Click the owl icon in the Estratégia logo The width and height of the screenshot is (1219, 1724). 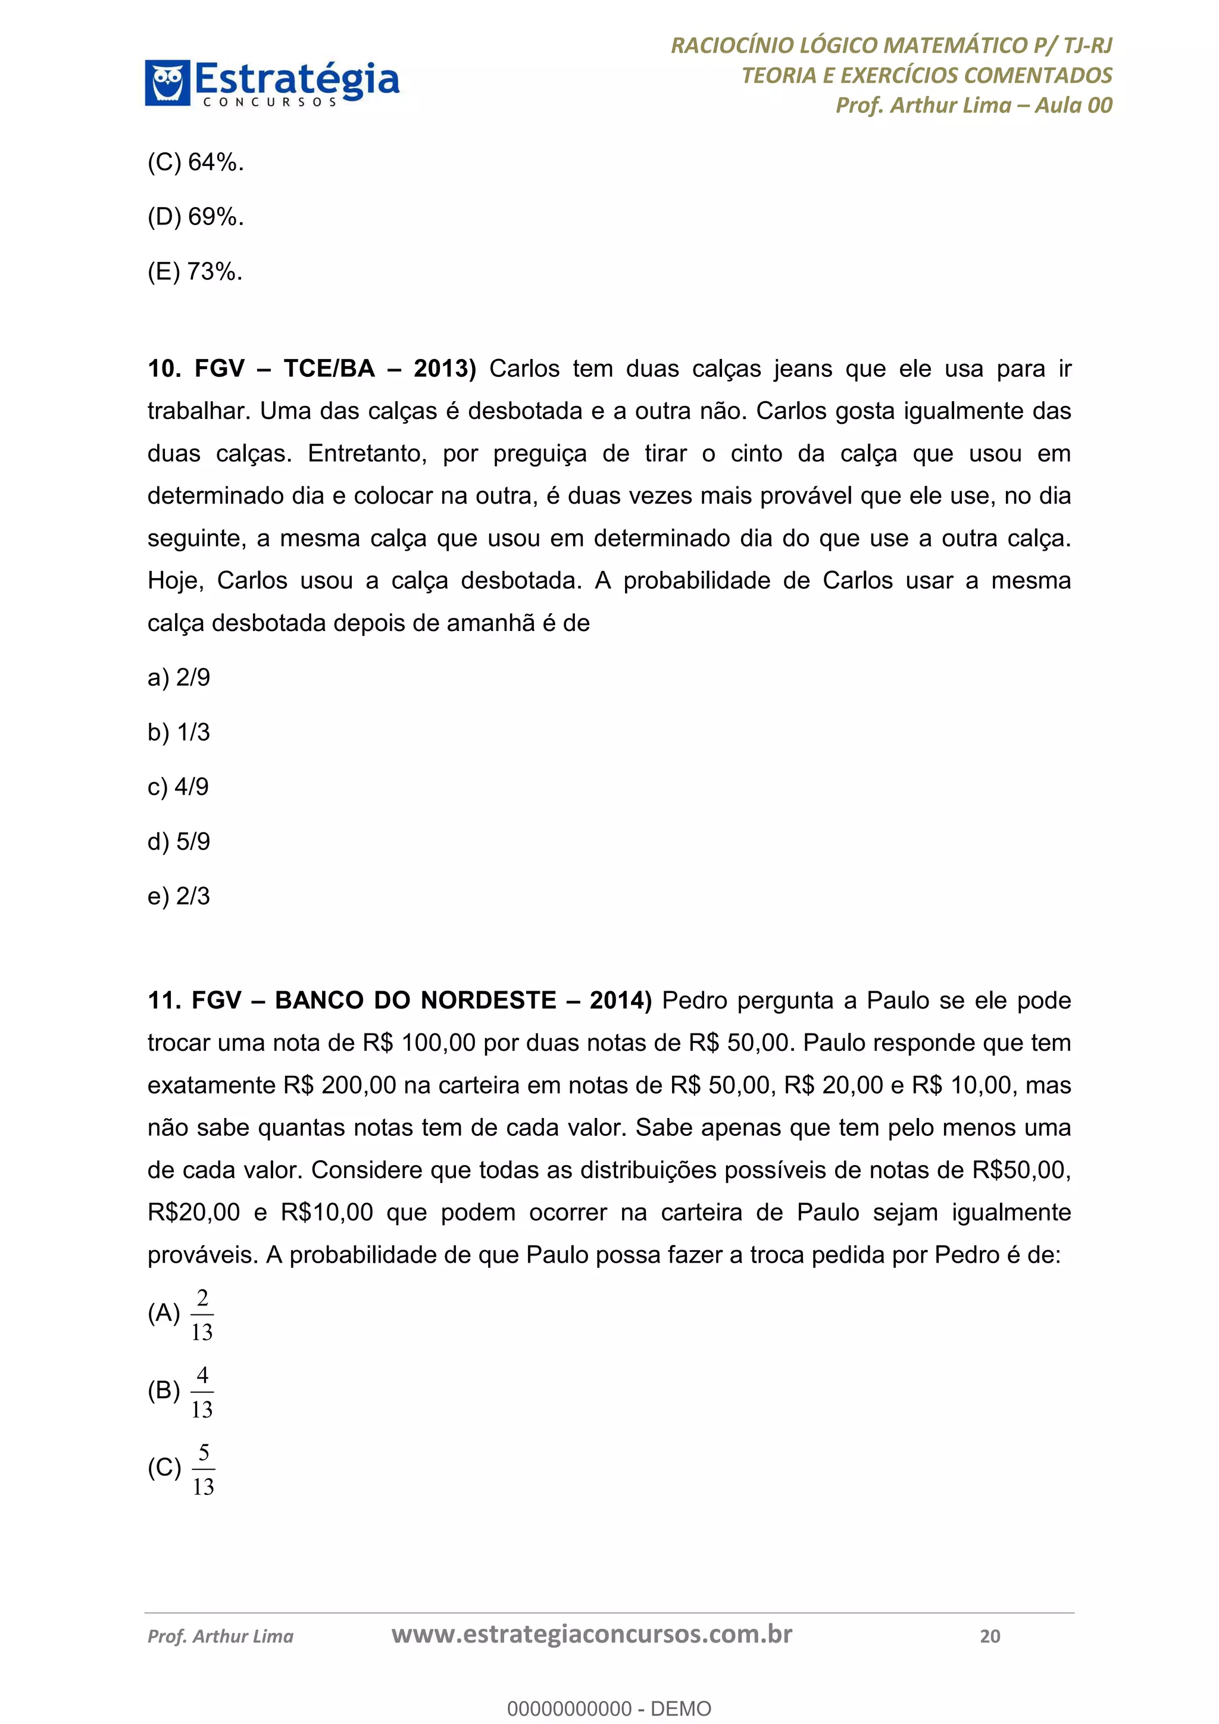point(167,83)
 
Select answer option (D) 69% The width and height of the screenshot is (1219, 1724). point(196,217)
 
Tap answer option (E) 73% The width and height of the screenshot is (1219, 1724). point(195,272)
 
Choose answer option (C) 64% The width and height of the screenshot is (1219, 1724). point(196,162)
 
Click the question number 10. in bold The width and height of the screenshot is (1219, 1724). point(164,368)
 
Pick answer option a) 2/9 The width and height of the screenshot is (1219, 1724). point(179,678)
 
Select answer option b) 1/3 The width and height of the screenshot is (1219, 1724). point(179,733)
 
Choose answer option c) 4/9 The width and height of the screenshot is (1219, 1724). point(178,787)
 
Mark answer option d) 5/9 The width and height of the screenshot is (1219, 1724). point(179,842)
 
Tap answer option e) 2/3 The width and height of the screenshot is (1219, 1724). point(179,897)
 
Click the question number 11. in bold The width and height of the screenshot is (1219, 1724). point(164,1001)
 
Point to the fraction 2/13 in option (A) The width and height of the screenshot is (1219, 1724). point(202,1315)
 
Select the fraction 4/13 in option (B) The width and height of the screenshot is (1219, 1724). point(202,1392)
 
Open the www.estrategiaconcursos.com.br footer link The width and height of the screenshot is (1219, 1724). point(592,1635)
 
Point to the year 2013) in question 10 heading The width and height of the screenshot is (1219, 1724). point(445,368)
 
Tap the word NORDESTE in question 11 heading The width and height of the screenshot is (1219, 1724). point(489,1001)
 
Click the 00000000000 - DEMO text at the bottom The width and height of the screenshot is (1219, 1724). point(609,1709)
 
